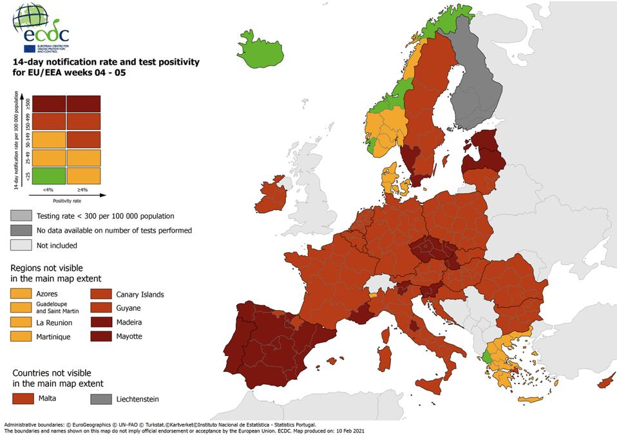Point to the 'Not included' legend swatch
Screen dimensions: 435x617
21,245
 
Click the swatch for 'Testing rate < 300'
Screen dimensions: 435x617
21,216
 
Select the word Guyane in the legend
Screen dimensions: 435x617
128,308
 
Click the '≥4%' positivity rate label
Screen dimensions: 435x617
82,189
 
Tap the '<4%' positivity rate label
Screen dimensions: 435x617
49,189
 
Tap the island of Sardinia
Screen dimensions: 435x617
384,357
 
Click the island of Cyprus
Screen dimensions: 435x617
606,382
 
